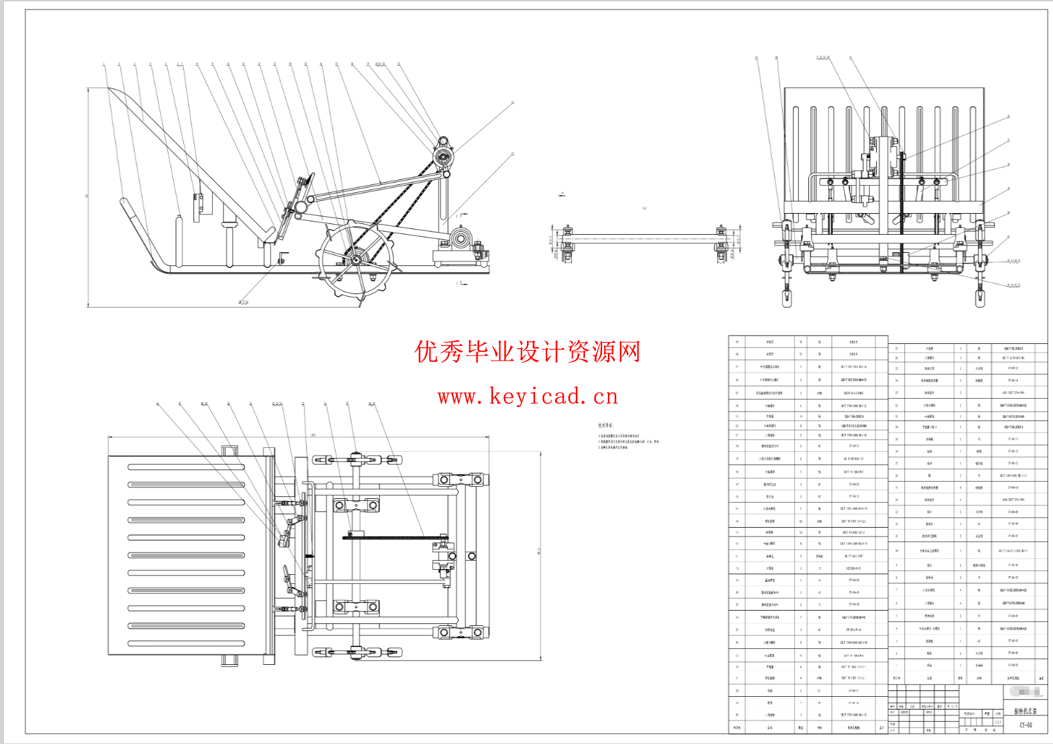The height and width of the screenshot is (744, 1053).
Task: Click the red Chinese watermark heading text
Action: tap(527, 352)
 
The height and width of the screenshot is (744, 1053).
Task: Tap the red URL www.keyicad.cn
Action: tap(527, 396)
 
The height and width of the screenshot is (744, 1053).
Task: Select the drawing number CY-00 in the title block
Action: tap(1025, 725)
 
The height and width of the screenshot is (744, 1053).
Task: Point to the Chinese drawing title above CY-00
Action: tap(1025, 711)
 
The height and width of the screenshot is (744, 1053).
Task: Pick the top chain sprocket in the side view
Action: tap(441, 156)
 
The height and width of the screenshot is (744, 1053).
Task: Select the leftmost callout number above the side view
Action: tap(103, 64)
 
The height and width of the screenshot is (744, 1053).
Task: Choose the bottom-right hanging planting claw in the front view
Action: tap(980, 297)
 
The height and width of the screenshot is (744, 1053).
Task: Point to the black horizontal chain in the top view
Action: tap(396, 538)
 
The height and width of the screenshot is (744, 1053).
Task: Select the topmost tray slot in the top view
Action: tap(186, 466)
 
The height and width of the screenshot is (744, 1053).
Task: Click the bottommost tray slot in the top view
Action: tap(186, 643)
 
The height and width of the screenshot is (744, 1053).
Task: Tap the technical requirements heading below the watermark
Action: tap(605, 425)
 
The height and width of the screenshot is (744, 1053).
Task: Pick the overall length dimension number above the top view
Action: tap(313, 436)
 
